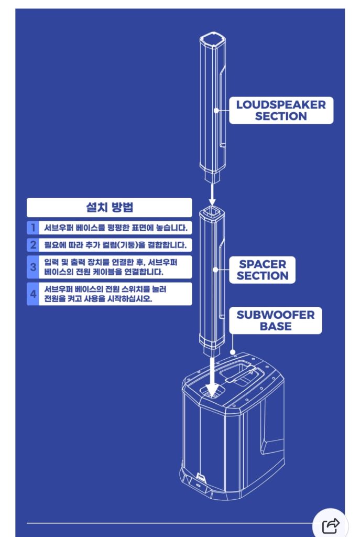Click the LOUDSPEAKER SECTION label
[x=281, y=110]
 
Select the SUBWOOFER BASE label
[x=276, y=320]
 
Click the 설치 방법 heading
[x=109, y=207]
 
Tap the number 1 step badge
[x=32, y=228]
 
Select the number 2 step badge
[x=32, y=244]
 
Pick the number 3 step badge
[x=32, y=267]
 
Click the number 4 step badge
[x=32, y=294]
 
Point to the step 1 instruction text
[x=115, y=228]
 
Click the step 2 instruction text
[x=115, y=244]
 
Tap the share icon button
[x=331, y=524]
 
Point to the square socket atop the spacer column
[x=212, y=212]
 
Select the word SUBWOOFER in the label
[x=276, y=315]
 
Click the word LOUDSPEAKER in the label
[x=281, y=104]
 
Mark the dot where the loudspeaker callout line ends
[x=216, y=110]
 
